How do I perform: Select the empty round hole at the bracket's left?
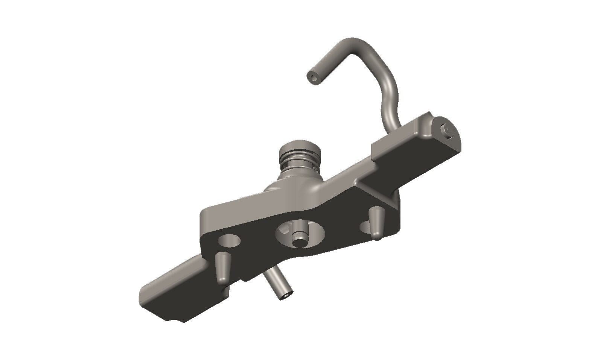[x=229, y=241]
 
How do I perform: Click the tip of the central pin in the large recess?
[x=300, y=241]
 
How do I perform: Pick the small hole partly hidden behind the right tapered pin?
[x=365, y=227]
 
